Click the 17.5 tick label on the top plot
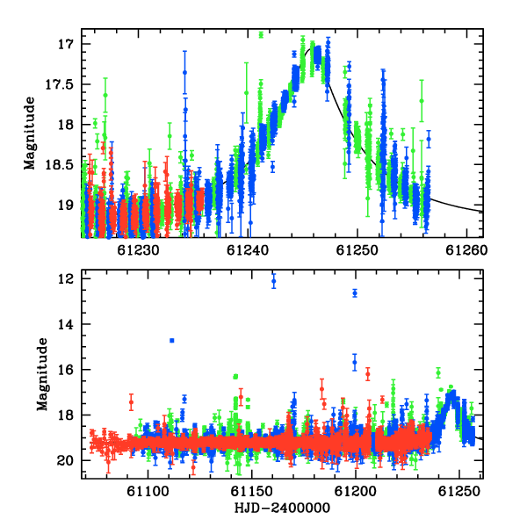click(x=59, y=84)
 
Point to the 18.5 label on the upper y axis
click(x=59, y=165)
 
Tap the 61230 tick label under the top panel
click(x=139, y=250)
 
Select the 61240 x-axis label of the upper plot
click(x=248, y=250)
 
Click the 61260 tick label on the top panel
click(x=466, y=250)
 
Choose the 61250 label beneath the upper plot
click(x=357, y=250)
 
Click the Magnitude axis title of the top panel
click(x=30, y=134)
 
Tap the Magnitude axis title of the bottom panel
click(x=42, y=374)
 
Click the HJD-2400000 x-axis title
click(x=282, y=508)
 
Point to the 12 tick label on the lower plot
click(x=65, y=278)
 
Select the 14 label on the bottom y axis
click(x=65, y=324)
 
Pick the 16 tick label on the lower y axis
click(x=65, y=370)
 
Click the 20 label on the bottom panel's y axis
click(x=65, y=460)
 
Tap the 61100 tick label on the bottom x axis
click(x=148, y=492)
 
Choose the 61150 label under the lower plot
click(x=252, y=492)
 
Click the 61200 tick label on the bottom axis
click(x=356, y=492)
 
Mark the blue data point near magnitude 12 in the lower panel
click(x=274, y=281)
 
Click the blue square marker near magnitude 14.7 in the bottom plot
click(x=172, y=341)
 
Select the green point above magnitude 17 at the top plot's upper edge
click(x=261, y=35)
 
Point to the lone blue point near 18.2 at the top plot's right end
click(x=429, y=139)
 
